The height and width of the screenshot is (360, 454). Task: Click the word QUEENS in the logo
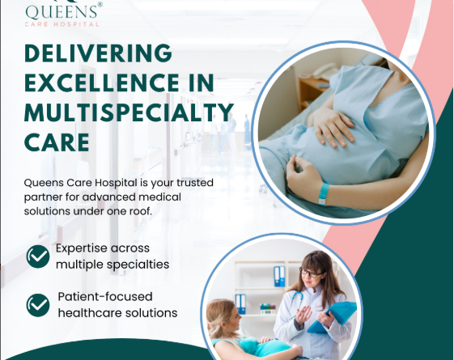pos(61,12)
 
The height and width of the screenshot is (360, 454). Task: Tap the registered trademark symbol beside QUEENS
pos(100,5)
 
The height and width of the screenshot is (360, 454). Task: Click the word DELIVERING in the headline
pos(99,53)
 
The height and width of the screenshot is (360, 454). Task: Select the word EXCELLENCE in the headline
pos(102,83)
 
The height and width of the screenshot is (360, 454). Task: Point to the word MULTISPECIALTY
pos(129,112)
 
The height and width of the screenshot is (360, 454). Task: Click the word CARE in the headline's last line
pos(57,142)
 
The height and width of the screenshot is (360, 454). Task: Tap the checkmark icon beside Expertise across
pos(38,256)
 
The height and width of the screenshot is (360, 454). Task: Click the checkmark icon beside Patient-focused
pos(38,305)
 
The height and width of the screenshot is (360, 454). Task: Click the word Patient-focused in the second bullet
pos(105,297)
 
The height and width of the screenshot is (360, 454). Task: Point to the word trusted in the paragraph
pos(195,183)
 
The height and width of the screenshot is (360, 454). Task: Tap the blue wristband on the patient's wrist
pos(324,194)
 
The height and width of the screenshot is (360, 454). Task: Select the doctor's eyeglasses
pos(311,273)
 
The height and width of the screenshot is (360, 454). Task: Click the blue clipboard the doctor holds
pos(333,316)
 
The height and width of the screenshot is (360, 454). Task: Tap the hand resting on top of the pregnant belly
pos(333,127)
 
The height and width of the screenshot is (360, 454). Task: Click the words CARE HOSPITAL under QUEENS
pos(62,24)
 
